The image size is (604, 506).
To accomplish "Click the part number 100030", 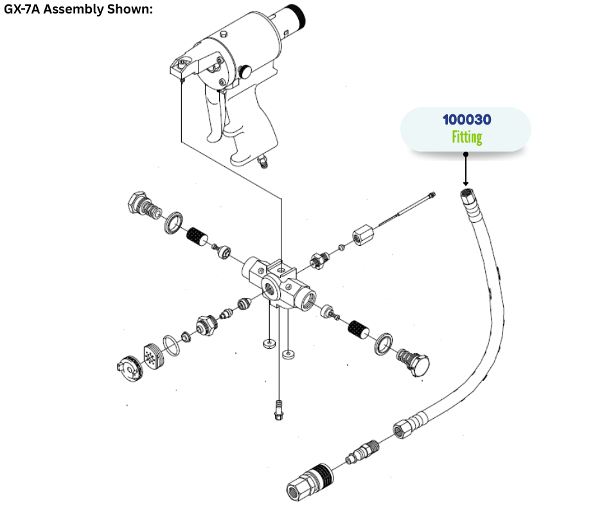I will pos(466,120).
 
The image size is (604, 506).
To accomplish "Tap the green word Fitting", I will pos(466,137).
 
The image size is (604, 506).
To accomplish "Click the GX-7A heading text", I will pos(77,10).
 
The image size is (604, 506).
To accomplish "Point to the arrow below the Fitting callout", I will pos(466,170).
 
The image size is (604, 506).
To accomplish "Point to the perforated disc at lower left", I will pos(152,353).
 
